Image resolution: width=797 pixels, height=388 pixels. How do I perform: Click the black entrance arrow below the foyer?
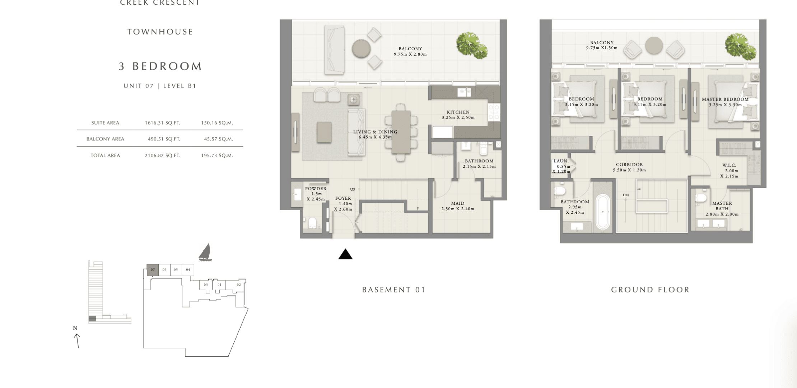pyautogui.click(x=345, y=254)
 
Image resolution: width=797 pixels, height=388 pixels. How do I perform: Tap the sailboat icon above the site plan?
pyautogui.click(x=205, y=252)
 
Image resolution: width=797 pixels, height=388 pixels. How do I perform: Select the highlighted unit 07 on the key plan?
pyautogui.click(x=153, y=270)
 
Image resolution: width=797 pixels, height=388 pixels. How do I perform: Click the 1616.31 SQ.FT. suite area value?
pyautogui.click(x=162, y=123)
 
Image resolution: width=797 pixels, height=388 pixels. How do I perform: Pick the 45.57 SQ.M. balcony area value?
pyautogui.click(x=219, y=139)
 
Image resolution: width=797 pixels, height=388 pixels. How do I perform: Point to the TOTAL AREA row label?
pyautogui.click(x=105, y=156)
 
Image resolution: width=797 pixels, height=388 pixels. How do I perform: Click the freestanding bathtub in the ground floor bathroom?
pyautogui.click(x=603, y=212)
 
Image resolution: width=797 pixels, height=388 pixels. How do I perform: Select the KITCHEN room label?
pyautogui.click(x=458, y=112)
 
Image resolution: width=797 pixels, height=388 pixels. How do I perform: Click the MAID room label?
pyautogui.click(x=458, y=203)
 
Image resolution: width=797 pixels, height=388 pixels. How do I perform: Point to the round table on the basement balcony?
pyautogui.click(x=361, y=48)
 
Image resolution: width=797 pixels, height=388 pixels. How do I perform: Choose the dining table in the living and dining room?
pyautogui.click(x=401, y=132)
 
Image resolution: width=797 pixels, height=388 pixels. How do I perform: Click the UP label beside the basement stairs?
pyautogui.click(x=353, y=190)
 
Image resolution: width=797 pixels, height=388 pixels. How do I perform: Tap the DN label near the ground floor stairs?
pyautogui.click(x=626, y=195)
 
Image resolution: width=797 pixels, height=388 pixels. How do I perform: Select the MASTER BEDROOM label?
pyautogui.click(x=725, y=100)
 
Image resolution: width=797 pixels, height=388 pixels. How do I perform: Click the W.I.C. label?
pyautogui.click(x=729, y=166)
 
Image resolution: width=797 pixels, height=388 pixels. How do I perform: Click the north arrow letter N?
pyautogui.click(x=75, y=328)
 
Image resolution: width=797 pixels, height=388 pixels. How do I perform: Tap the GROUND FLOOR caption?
pyautogui.click(x=650, y=290)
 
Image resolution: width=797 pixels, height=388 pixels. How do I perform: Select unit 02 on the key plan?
pyautogui.click(x=239, y=285)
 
